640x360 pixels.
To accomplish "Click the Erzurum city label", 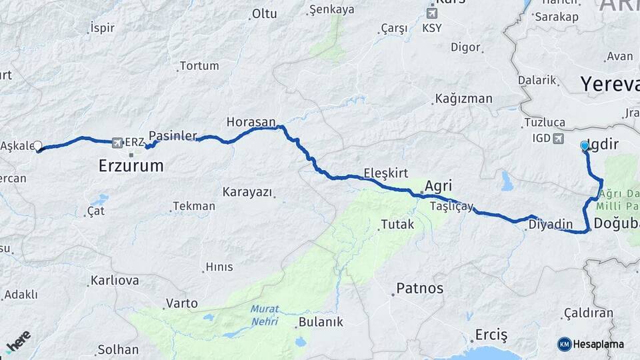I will pos(131,166).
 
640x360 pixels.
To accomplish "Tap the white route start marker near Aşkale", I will pos(38,146).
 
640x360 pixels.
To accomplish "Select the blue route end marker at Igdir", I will pos(585,145).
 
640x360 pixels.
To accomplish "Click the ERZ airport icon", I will pos(118,142).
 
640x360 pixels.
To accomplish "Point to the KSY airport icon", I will pos(432,13).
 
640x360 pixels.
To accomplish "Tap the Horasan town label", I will pos(251,122).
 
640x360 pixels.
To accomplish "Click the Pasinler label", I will pos(173,135).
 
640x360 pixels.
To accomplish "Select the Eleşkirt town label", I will pos(386,173).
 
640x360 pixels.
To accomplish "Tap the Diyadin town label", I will pos(551,225).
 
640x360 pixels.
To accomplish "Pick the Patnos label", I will pos(419,289).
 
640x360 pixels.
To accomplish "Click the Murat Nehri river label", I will pos(265,315).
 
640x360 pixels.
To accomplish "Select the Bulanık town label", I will pos(321,322).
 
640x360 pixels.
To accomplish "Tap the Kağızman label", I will pos(464,99).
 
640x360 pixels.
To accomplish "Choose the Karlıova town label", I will pos(115,281).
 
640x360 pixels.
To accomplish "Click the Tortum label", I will pos(199,66).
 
